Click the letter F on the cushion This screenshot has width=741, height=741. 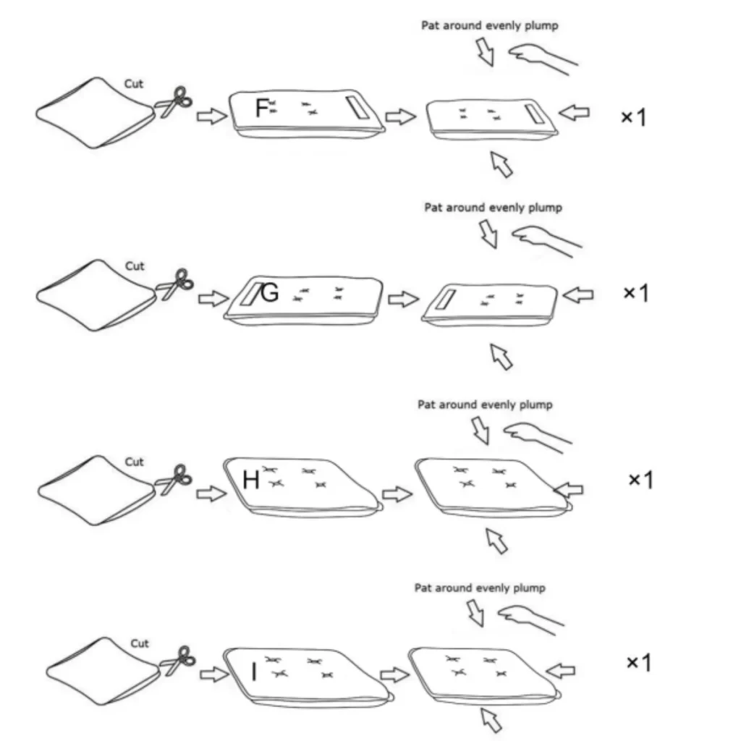[x=262, y=108]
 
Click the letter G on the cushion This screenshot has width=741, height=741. [x=270, y=293]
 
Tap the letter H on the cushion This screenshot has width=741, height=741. [x=251, y=480]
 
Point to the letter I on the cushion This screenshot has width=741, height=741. [x=254, y=672]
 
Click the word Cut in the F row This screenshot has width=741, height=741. [x=134, y=84]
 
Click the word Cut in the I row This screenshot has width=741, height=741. [x=140, y=643]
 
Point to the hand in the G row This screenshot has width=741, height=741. [x=547, y=241]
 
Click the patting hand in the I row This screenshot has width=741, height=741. [x=530, y=620]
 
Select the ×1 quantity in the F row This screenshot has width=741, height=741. [x=633, y=117]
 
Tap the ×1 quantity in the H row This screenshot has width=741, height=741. [x=641, y=480]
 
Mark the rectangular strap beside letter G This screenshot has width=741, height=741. [x=250, y=294]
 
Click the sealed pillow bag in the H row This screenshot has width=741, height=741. [x=96, y=491]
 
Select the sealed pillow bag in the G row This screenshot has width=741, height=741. [x=96, y=295]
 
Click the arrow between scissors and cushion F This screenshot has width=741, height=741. [x=212, y=116]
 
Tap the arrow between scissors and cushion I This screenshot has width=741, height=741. [x=215, y=674]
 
